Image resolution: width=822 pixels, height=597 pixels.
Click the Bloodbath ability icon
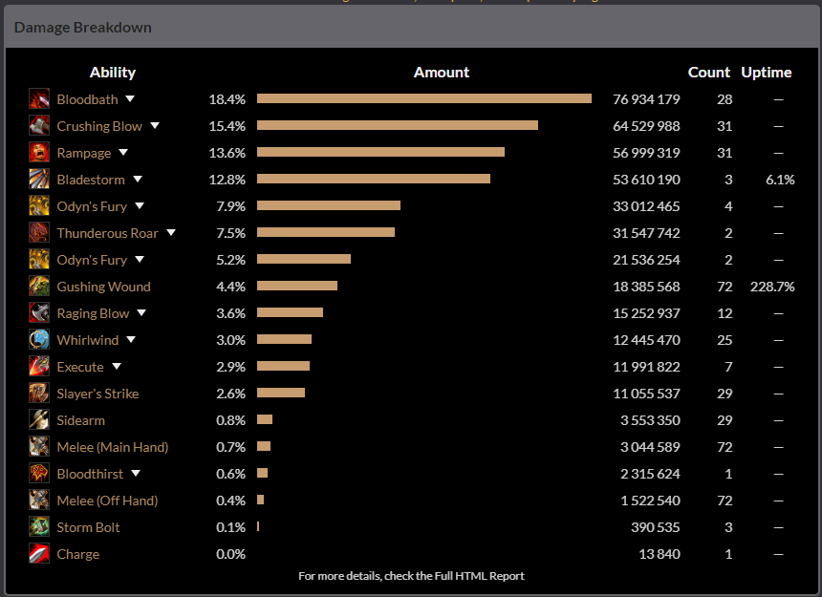[x=39, y=99]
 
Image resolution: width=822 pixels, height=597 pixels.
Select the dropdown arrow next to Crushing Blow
[x=155, y=126]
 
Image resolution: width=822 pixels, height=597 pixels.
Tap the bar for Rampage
[x=380, y=153]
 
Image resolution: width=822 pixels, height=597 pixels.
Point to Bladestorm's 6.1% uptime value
[x=780, y=180]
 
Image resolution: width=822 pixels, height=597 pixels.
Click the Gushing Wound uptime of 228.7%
[x=772, y=287]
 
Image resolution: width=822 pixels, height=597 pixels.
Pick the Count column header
[x=709, y=73]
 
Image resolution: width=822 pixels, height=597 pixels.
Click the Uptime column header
[x=767, y=73]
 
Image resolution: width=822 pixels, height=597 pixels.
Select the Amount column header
[x=442, y=73]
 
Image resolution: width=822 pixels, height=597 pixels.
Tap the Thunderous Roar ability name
[x=107, y=233]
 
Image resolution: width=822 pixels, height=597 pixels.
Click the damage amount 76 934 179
[x=646, y=99]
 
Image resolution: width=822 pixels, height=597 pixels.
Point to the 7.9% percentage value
[x=230, y=206]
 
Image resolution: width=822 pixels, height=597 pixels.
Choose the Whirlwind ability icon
[x=39, y=340]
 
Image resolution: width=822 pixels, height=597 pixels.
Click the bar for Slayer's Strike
[x=281, y=394]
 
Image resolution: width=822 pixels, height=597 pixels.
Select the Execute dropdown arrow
[x=117, y=367]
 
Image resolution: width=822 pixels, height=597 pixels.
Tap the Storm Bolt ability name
[x=88, y=527]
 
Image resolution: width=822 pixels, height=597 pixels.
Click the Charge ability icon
[x=39, y=554]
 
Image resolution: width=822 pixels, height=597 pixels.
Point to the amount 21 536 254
[x=646, y=260]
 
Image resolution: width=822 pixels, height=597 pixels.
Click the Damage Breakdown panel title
[x=83, y=28]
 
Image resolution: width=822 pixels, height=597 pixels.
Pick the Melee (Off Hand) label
[x=107, y=501]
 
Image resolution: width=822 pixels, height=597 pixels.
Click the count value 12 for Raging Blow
[x=725, y=313]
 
